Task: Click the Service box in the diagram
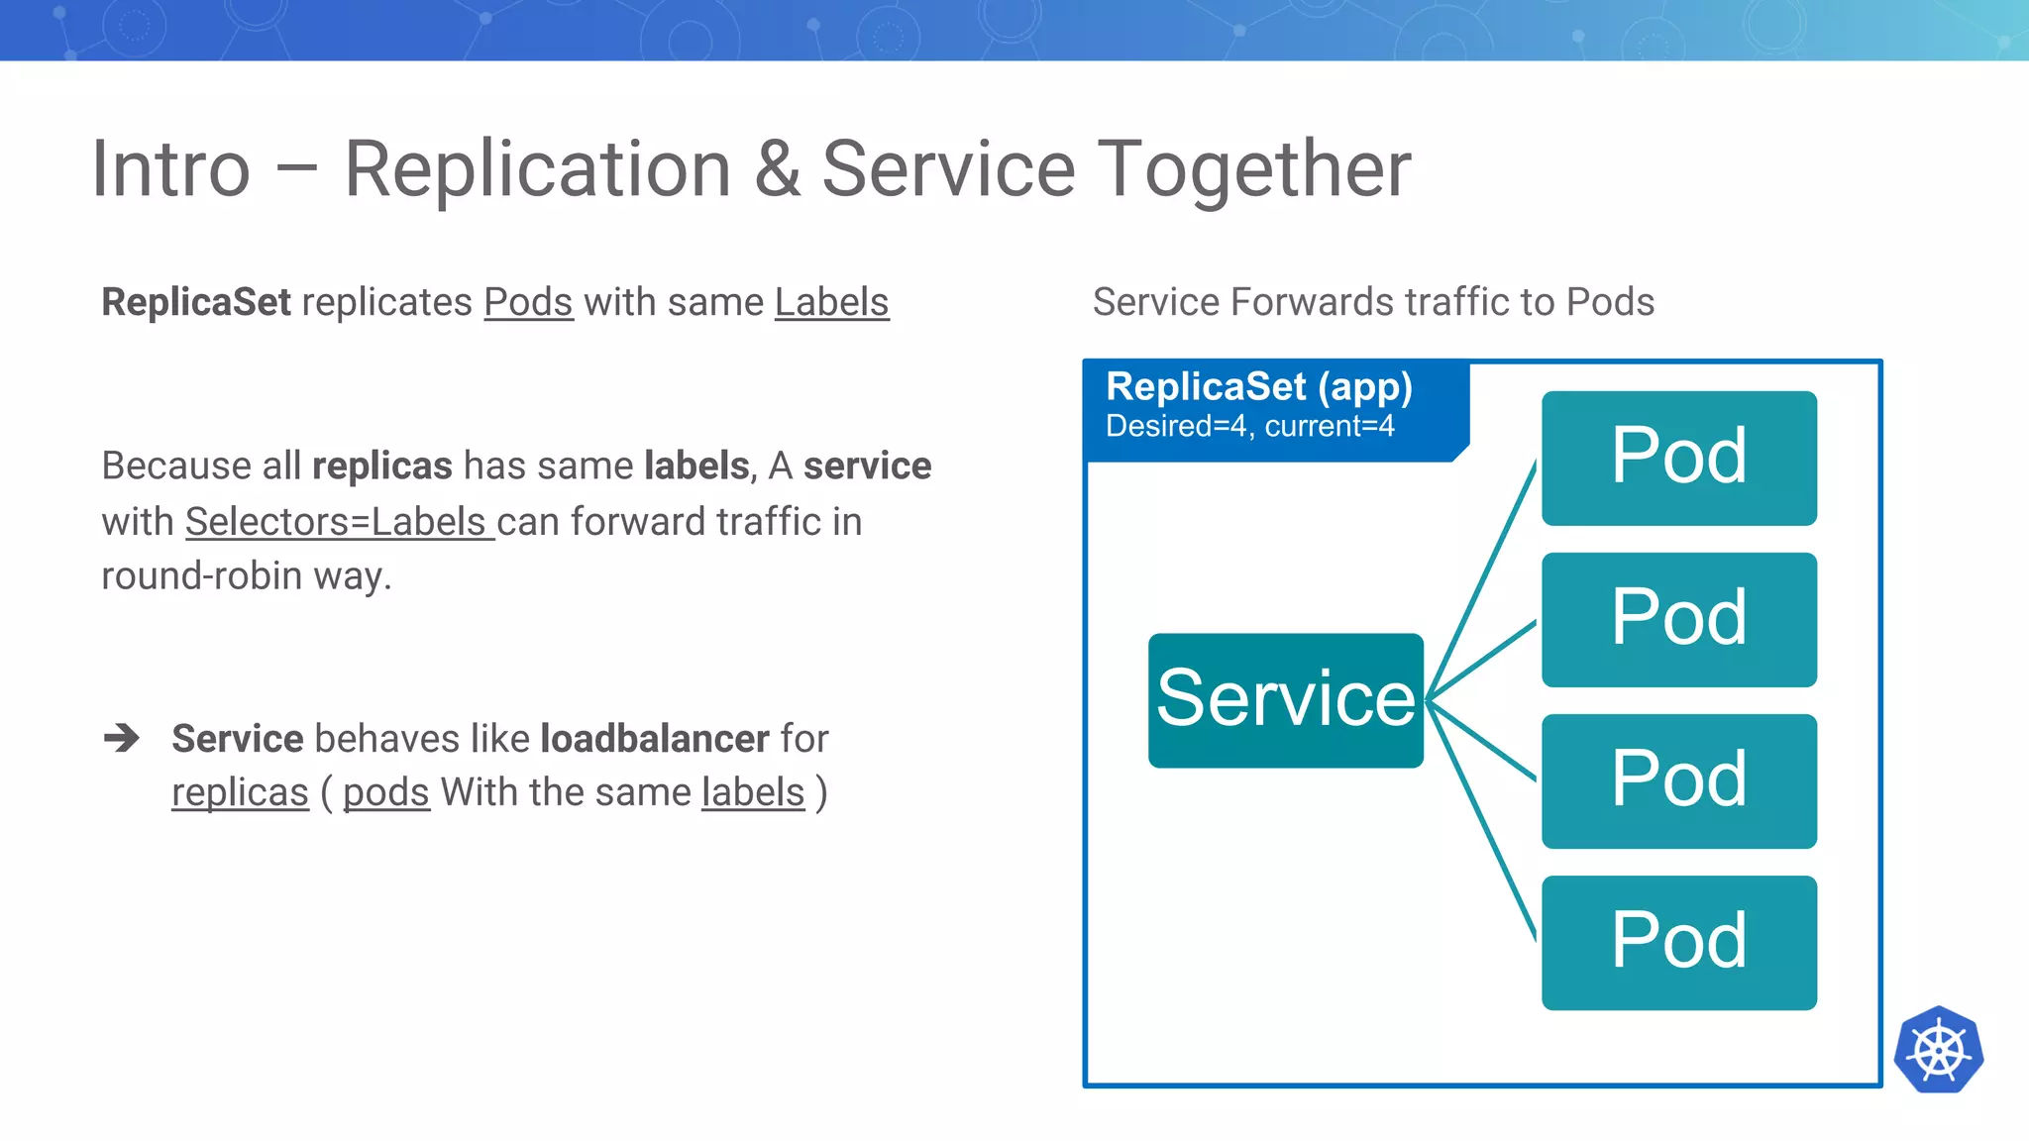click(1285, 700)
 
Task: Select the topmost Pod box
click(1678, 458)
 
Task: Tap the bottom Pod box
click(1678, 942)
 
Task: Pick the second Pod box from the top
click(1678, 619)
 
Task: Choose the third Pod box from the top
click(1678, 780)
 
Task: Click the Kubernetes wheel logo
click(1938, 1050)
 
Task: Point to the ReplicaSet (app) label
click(1258, 386)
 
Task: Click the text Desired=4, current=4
click(1249, 426)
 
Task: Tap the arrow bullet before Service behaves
click(122, 738)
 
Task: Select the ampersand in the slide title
click(777, 169)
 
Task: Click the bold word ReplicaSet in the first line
click(196, 302)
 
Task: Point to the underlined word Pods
click(528, 302)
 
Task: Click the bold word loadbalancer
click(654, 738)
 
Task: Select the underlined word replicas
click(240, 792)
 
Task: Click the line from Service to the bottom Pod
click(1483, 822)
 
